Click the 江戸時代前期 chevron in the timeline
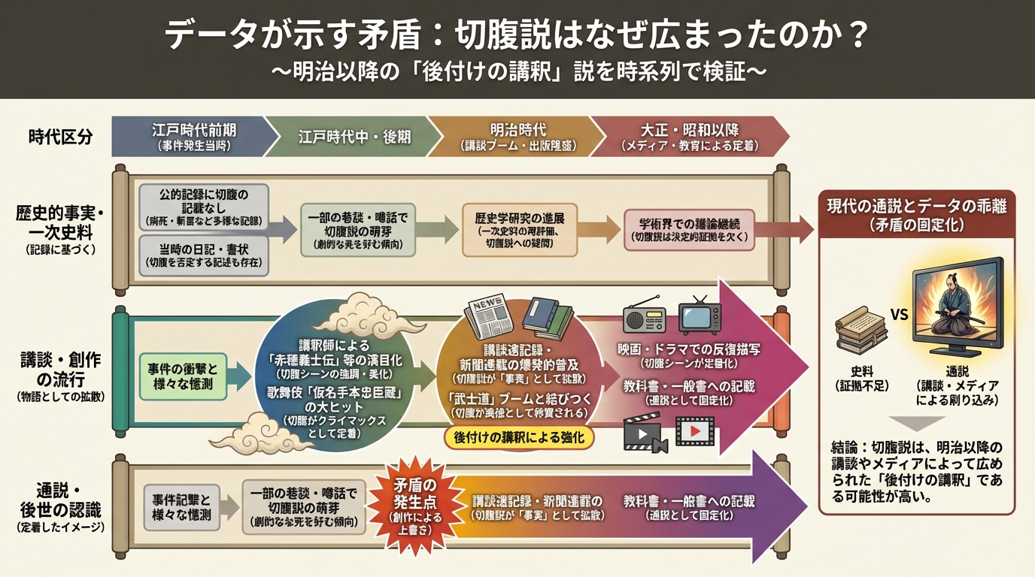click(192, 136)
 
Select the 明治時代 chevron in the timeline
click(511, 136)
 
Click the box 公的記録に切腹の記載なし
click(204, 207)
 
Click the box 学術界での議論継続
click(689, 229)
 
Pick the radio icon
click(645, 319)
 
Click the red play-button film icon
click(695, 432)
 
